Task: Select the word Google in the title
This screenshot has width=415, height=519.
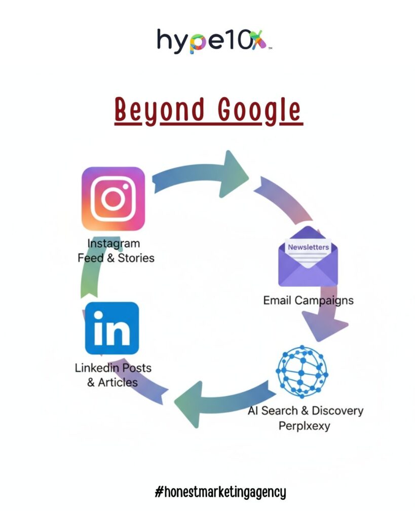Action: (260, 110)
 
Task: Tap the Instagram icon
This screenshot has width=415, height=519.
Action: (114, 198)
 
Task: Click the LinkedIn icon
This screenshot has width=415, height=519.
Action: (112, 328)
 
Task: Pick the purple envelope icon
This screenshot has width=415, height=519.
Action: (308, 257)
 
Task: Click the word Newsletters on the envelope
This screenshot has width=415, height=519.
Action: (308, 247)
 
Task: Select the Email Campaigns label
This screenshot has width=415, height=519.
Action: (308, 300)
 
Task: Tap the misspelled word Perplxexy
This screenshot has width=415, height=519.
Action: (304, 425)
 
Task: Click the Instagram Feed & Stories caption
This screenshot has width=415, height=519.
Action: (116, 251)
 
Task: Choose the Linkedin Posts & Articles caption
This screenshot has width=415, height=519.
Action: (112, 375)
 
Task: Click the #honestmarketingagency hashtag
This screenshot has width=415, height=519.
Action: (220, 492)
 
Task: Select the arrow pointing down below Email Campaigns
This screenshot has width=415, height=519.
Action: (324, 324)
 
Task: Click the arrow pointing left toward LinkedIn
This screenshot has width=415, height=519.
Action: (218, 401)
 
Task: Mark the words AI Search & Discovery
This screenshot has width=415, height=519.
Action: (305, 410)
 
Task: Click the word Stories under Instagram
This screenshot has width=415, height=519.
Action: (136, 258)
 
